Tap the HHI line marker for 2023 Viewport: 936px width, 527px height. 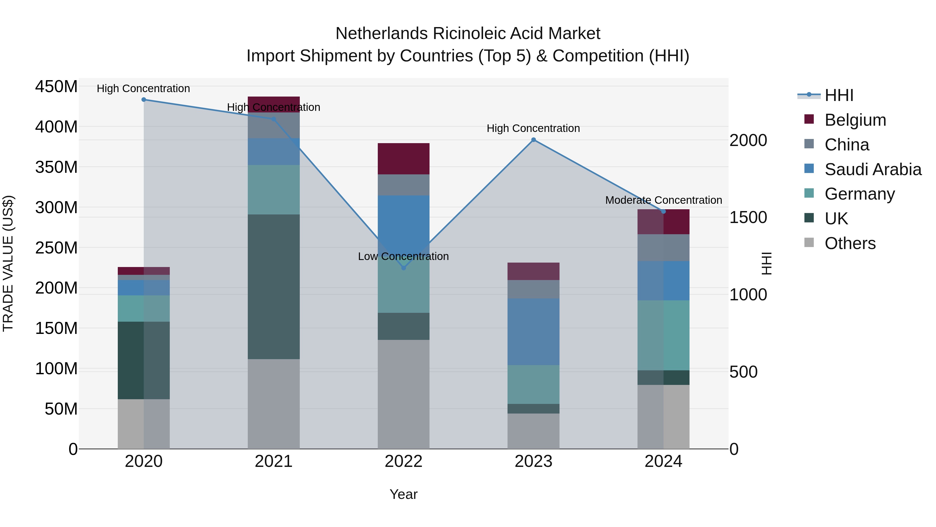[534, 140]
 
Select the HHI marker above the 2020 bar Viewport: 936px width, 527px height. [144, 99]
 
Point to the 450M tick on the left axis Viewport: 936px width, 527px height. [56, 87]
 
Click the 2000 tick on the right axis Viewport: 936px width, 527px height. [749, 140]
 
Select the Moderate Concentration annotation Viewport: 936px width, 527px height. [664, 200]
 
